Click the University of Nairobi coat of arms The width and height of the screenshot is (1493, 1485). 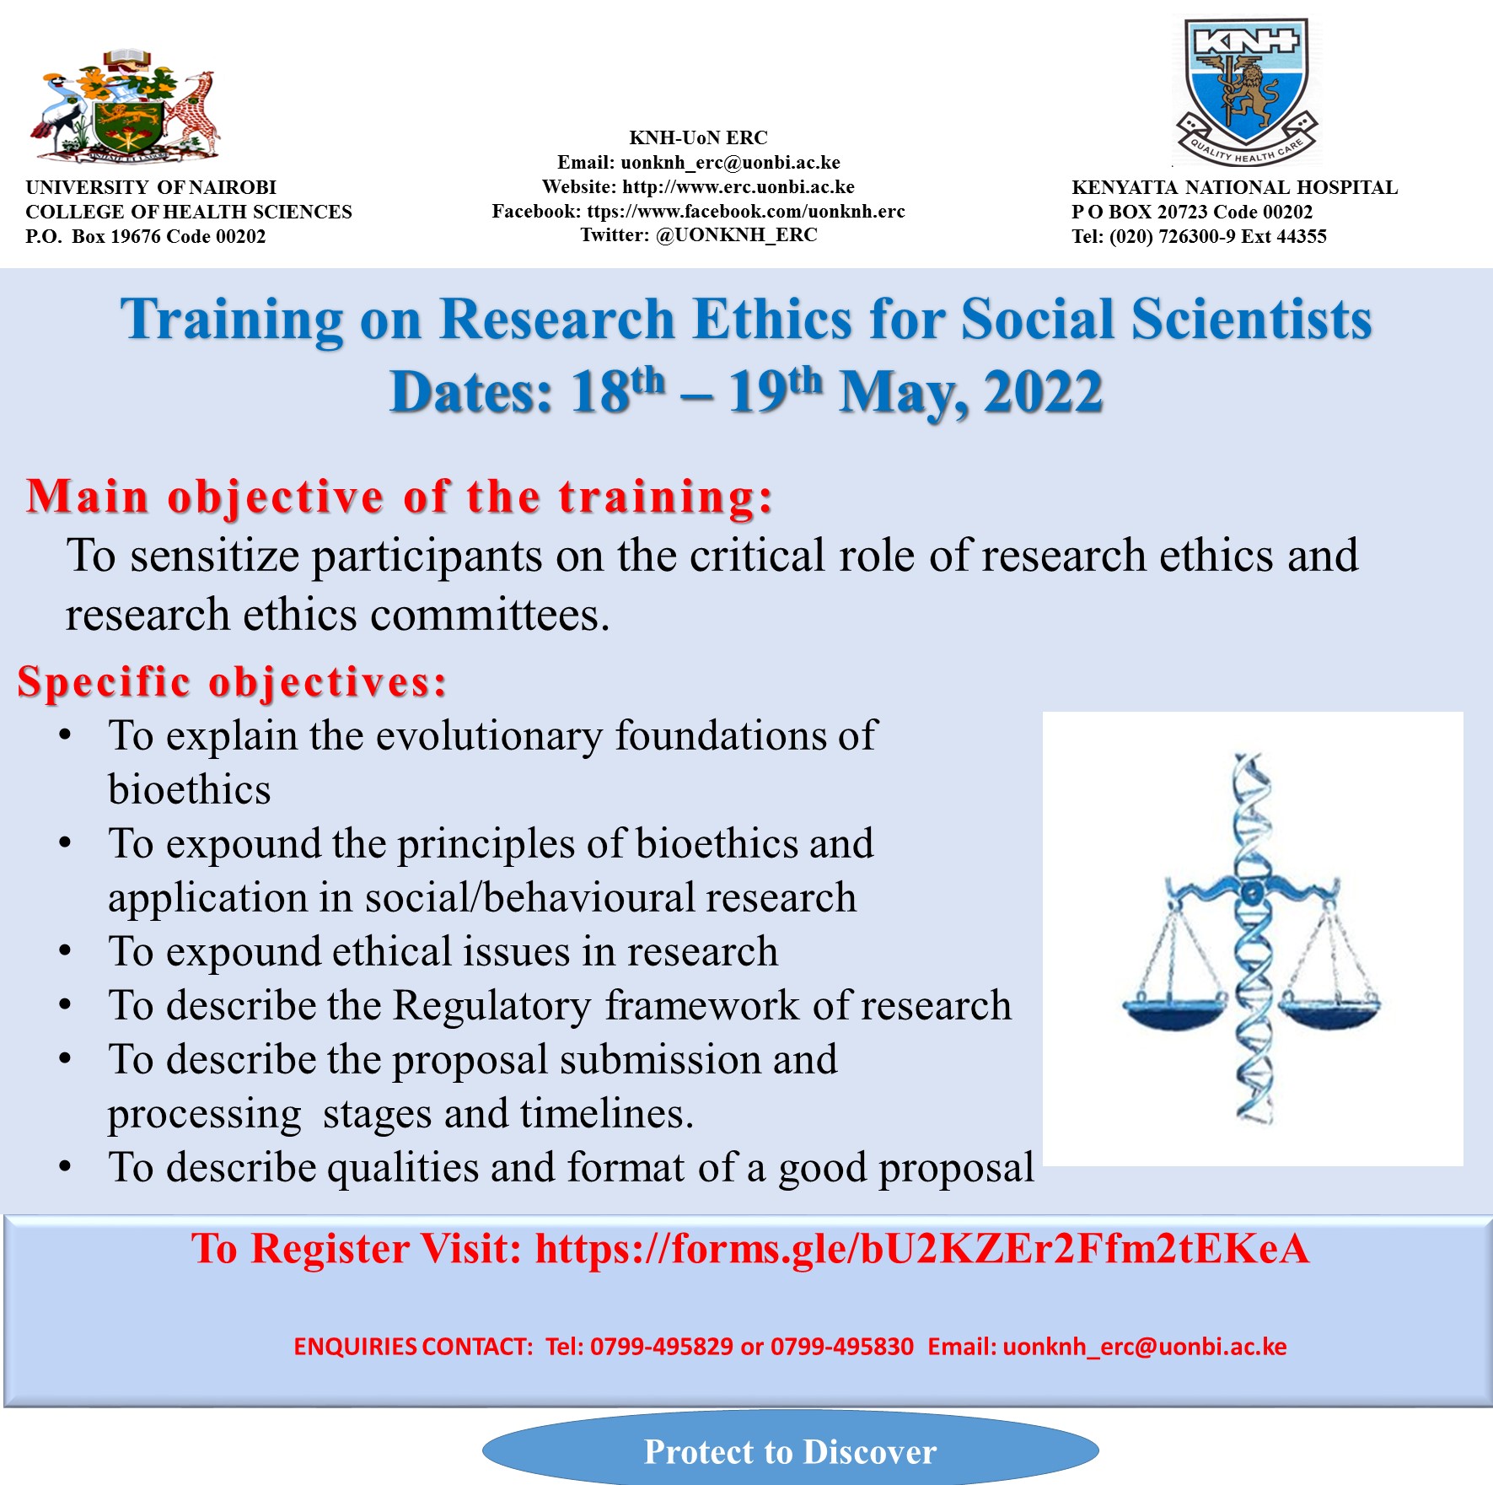pos(126,106)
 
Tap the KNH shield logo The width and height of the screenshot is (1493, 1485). pos(1246,91)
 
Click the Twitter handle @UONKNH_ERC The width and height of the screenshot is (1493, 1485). pos(737,235)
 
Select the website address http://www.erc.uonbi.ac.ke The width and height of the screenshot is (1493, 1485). pos(738,186)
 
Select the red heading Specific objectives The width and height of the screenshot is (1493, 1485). pos(232,681)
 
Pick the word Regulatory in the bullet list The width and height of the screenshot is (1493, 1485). pos(492,1006)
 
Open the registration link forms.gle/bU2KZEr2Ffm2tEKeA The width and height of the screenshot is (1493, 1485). pos(922,1249)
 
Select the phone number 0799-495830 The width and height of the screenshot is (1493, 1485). pos(842,1347)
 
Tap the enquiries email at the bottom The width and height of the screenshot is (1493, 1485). pos(1145,1348)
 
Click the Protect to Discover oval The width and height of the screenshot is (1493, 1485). pos(790,1449)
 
